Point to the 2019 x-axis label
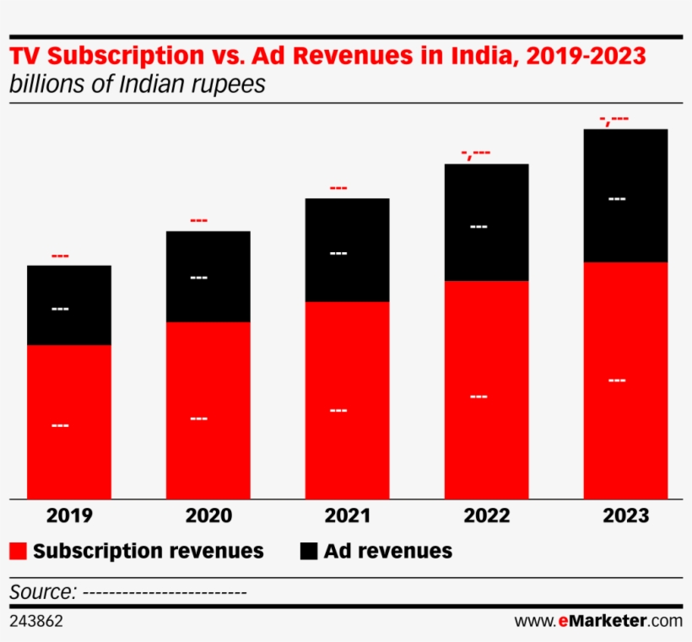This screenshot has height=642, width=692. point(69,515)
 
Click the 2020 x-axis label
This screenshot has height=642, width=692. point(208,515)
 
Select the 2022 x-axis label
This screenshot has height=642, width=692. point(486,515)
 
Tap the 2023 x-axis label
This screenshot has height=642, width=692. point(625,515)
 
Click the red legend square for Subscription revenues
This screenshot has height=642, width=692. point(19,552)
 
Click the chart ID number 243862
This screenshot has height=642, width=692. point(35,622)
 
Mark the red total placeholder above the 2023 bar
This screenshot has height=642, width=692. point(614,119)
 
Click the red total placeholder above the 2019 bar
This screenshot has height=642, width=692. point(60,256)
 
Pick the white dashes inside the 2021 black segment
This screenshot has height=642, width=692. point(338,253)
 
